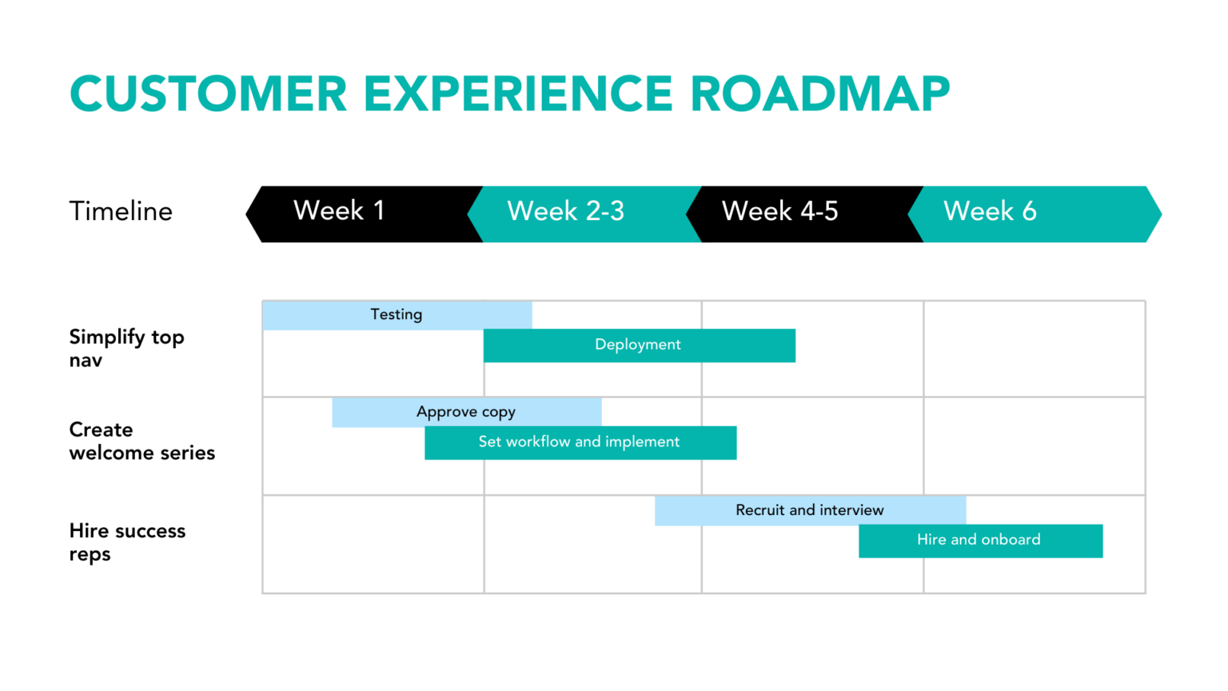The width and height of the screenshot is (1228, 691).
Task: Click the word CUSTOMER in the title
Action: (209, 94)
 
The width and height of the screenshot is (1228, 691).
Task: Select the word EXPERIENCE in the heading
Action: (518, 94)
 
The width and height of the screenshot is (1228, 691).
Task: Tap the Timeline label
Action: (121, 211)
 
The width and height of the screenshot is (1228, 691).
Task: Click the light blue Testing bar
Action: (397, 315)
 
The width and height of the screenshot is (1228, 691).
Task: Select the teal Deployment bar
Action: (639, 345)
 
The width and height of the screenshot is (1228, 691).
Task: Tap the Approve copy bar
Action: (466, 412)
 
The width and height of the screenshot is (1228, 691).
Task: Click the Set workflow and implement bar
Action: (580, 442)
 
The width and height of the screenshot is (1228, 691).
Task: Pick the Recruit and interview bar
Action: (810, 510)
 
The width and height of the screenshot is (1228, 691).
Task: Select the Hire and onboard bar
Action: (979, 541)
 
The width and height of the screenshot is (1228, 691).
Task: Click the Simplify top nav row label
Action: (126, 348)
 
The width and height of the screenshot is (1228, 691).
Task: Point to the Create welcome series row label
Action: (142, 441)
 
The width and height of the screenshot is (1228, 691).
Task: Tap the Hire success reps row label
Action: (127, 542)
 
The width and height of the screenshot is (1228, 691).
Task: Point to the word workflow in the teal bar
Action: (538, 442)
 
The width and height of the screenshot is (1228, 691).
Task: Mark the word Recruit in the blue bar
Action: (760, 510)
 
